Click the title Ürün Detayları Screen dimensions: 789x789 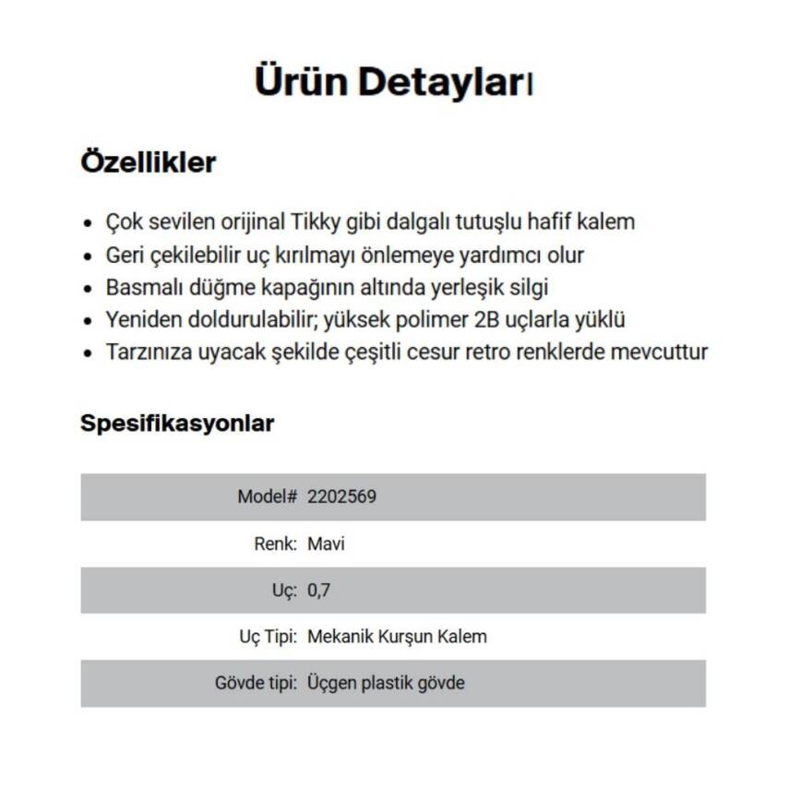click(394, 82)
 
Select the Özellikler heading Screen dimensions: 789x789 click(149, 162)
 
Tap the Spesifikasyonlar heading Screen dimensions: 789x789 click(177, 424)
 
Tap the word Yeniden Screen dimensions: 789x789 click(139, 320)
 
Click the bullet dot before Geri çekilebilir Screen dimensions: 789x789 click(88, 257)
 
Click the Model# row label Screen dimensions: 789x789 click(267, 496)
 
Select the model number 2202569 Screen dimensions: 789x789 click(341, 496)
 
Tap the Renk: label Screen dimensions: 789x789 click(275, 544)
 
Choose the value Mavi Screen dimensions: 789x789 click(326, 544)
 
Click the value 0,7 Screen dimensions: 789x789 click(318, 590)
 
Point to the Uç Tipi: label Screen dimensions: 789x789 click(267, 637)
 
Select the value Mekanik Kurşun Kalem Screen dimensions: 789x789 click(397, 637)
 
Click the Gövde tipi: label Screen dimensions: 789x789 click(256, 684)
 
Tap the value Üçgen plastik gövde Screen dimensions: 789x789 click(386, 684)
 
